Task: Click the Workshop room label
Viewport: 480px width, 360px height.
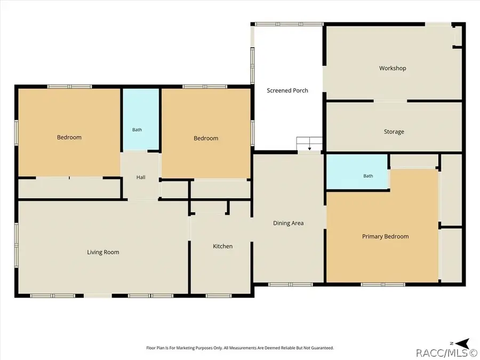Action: (x=393, y=68)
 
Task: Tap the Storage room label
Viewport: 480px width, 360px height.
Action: (x=394, y=132)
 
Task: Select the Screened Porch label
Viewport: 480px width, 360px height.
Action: (x=287, y=90)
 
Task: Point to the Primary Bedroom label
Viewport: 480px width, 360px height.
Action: (x=386, y=236)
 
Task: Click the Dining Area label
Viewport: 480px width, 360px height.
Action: (x=289, y=223)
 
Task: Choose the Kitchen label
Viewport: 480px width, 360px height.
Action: (x=222, y=246)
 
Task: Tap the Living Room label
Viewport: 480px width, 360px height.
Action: (x=103, y=252)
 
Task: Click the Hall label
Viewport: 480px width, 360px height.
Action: (x=141, y=177)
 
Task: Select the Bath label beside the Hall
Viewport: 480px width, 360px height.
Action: (x=137, y=130)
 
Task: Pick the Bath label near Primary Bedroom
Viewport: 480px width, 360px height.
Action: (x=368, y=176)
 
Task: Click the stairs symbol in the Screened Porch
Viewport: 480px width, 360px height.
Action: (x=309, y=144)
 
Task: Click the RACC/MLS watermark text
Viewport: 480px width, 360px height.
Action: (x=447, y=353)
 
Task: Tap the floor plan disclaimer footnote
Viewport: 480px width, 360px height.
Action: (x=240, y=348)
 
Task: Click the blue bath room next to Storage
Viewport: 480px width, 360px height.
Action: (x=357, y=172)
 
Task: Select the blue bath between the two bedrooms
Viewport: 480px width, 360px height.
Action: (x=141, y=119)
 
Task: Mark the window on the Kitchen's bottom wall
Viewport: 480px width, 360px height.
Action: (x=219, y=295)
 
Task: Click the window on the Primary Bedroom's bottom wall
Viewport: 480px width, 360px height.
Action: (x=383, y=285)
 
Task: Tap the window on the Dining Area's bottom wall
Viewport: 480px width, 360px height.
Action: (x=291, y=285)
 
